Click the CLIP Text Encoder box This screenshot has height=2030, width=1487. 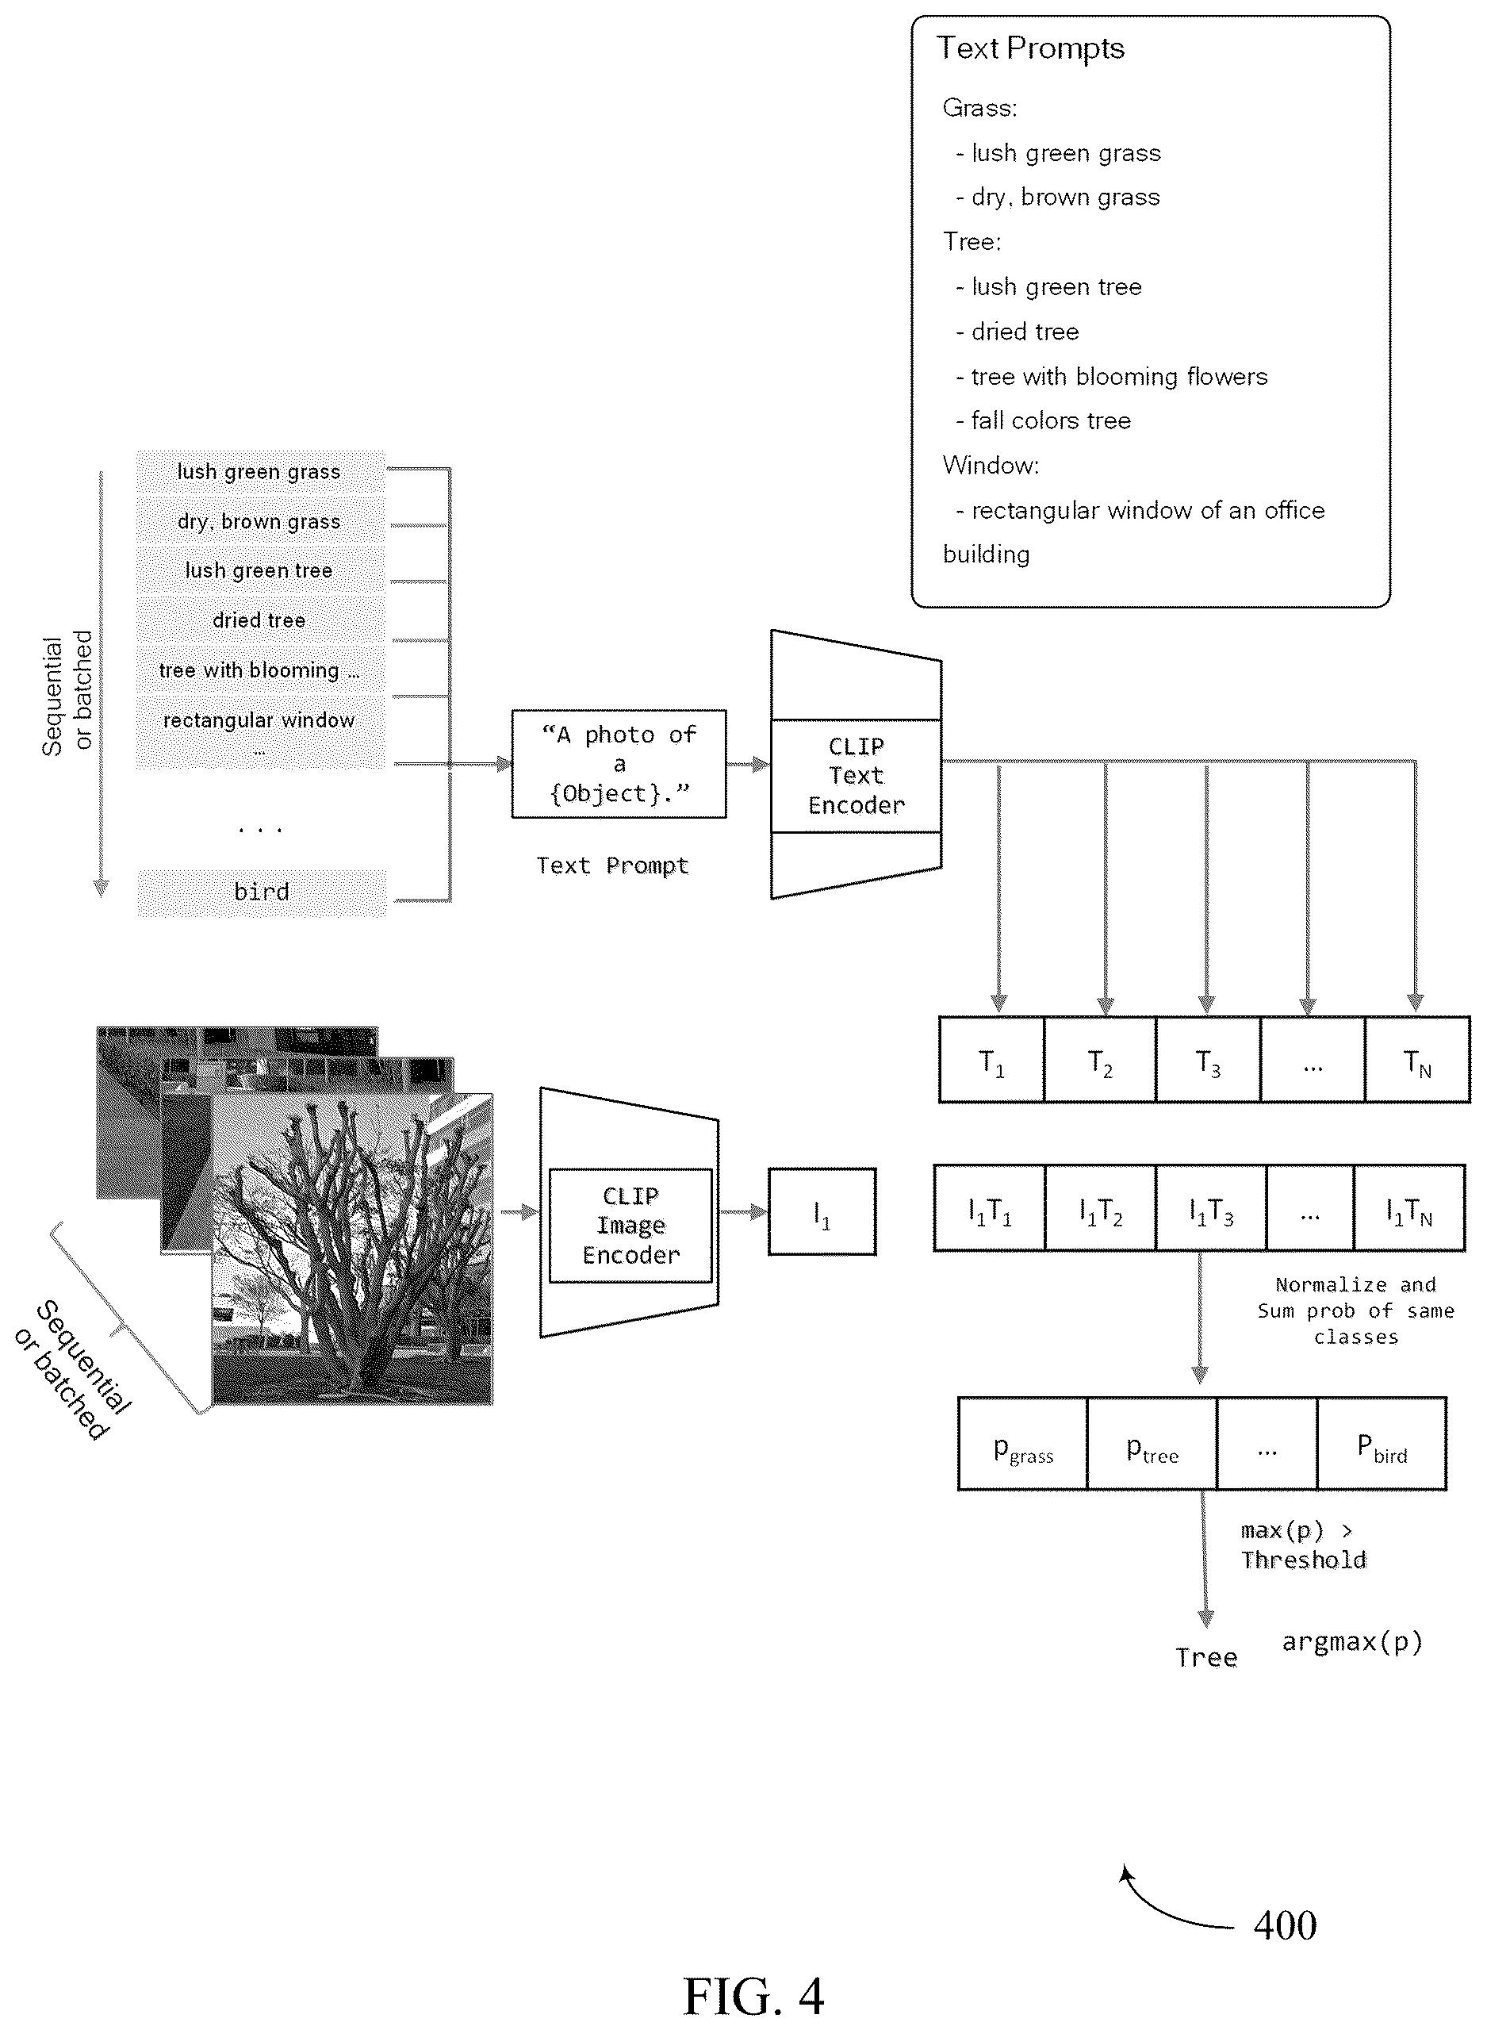(856, 775)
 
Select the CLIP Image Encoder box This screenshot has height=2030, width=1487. (630, 1225)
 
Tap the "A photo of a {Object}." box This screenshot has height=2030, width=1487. (619, 764)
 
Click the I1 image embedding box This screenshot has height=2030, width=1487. (822, 1211)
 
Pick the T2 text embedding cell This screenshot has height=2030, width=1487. (1100, 1060)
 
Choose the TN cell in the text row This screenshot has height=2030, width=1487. (1418, 1060)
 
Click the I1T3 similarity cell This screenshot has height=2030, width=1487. (1211, 1208)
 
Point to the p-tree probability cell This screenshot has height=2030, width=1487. (1152, 1444)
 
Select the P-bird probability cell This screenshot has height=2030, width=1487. (1382, 1444)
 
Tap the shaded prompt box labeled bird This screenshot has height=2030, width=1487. (262, 892)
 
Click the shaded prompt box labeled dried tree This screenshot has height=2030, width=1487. (260, 620)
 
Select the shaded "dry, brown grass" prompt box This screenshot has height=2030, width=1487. (260, 521)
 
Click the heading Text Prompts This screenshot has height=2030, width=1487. (1031, 48)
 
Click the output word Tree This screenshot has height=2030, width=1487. (1206, 1657)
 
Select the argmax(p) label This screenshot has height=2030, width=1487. (1352, 1642)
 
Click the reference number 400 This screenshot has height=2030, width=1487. (1285, 1924)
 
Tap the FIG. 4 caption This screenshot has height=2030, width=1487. (753, 1995)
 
